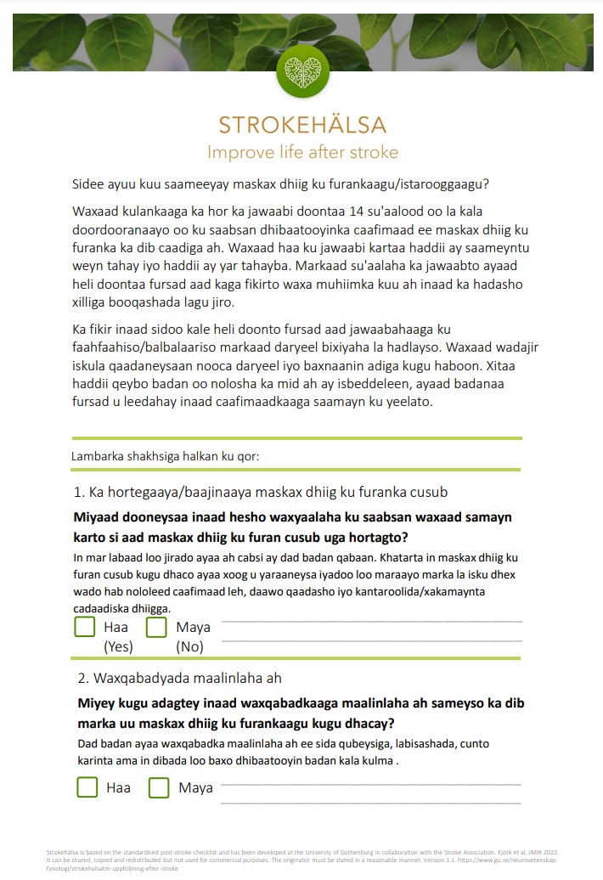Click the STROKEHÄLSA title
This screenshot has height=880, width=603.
302,125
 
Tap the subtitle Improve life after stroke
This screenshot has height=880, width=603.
302,153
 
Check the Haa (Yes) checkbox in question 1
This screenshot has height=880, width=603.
85,628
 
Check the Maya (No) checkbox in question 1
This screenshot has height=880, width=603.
156,628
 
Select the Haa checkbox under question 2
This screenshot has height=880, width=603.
87,787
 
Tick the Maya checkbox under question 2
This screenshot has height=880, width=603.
159,787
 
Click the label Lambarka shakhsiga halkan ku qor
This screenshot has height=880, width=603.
165,456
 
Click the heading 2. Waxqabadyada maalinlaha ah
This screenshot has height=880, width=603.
179,678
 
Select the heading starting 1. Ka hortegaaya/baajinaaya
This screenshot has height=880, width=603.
261,492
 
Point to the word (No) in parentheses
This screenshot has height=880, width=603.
190,646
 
